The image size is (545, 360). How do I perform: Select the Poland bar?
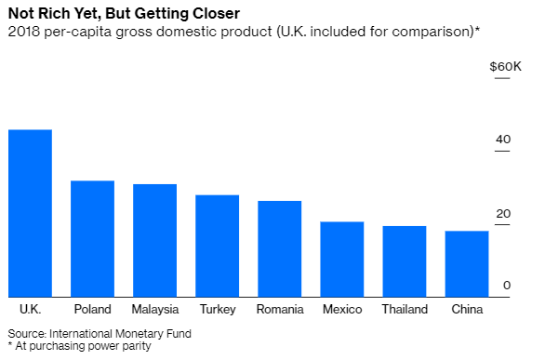92,237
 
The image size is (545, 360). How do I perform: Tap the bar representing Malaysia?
154,239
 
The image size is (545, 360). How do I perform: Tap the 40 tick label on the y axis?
503,140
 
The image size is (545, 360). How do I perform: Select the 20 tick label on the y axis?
503,213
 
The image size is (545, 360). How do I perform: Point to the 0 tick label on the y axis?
507,286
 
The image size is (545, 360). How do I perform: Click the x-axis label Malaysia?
154,310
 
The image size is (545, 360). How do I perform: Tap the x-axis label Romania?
279,310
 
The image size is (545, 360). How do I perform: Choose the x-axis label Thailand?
404,310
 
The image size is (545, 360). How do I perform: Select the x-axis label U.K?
30,310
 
